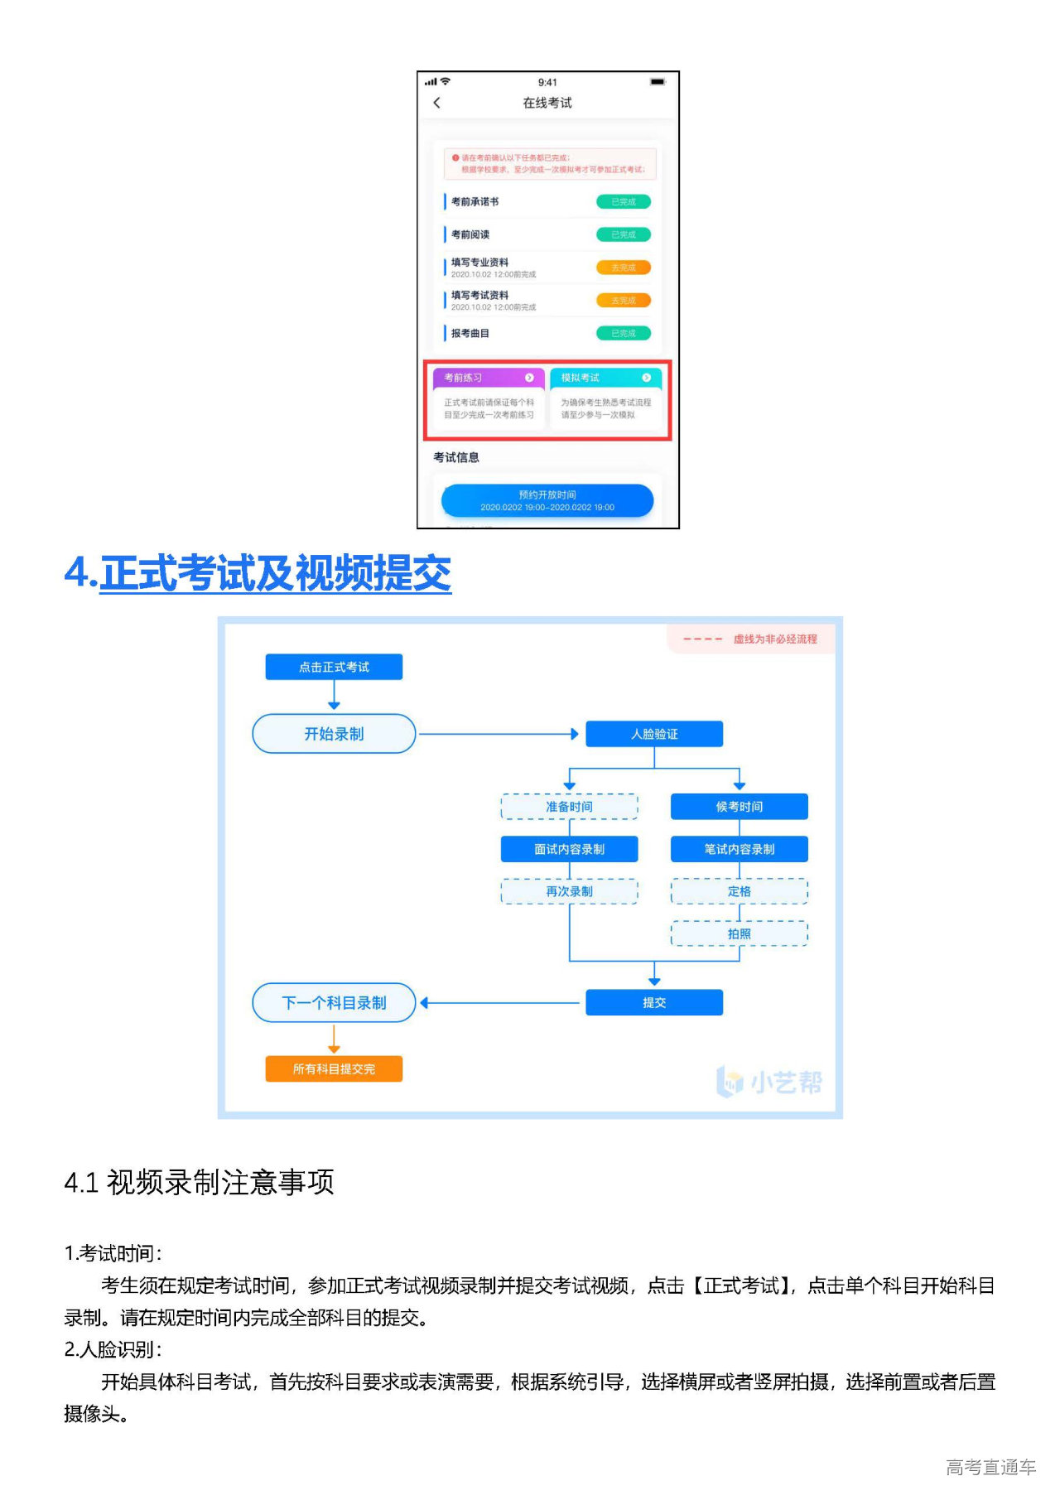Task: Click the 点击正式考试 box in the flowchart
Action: pyautogui.click(x=334, y=667)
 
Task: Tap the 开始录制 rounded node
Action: pyautogui.click(x=334, y=734)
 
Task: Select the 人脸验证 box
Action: pyautogui.click(x=654, y=734)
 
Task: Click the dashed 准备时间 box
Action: pyautogui.click(x=569, y=807)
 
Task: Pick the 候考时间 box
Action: pyautogui.click(x=739, y=807)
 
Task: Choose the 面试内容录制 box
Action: pyautogui.click(x=569, y=849)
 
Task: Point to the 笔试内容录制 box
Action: pyautogui.click(x=739, y=849)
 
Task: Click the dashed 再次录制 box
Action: pyautogui.click(x=569, y=891)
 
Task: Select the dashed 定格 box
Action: pyautogui.click(x=739, y=891)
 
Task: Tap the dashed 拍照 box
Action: pyautogui.click(x=739, y=933)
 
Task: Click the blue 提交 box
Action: pyautogui.click(x=654, y=1002)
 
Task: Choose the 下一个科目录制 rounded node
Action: pyautogui.click(x=334, y=1002)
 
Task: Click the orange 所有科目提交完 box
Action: pyautogui.click(x=334, y=1068)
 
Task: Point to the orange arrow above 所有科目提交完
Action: pyautogui.click(x=334, y=1039)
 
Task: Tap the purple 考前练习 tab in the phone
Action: pyautogui.click(x=489, y=378)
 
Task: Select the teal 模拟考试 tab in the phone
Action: pyautogui.click(x=605, y=378)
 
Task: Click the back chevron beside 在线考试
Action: pyautogui.click(x=437, y=103)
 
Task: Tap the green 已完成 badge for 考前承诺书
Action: pyautogui.click(x=624, y=201)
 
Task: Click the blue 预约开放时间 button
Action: pyautogui.click(x=547, y=501)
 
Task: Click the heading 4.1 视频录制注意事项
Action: pyautogui.click(x=199, y=1182)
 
